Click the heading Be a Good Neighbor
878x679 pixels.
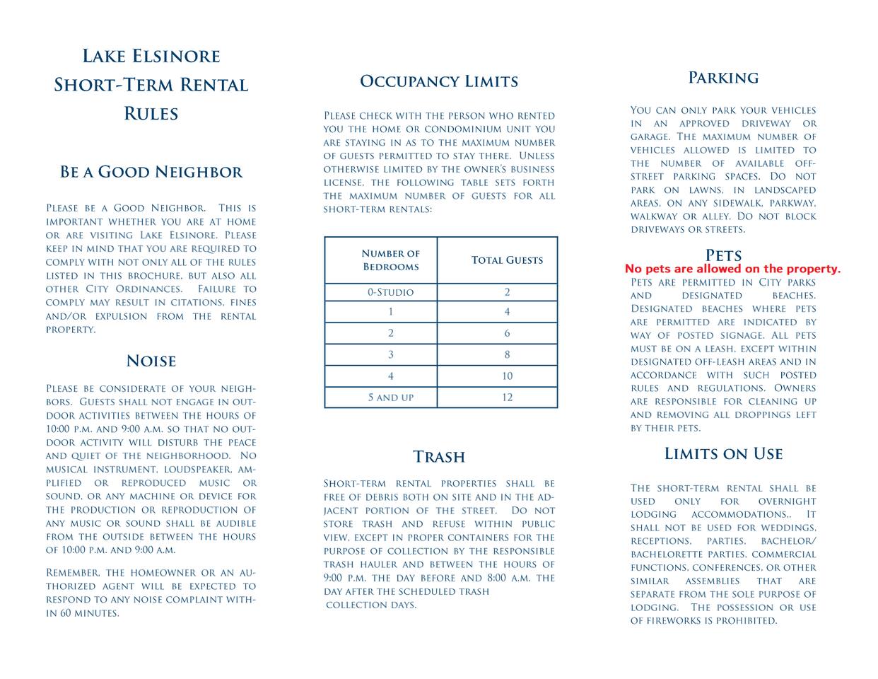click(151, 172)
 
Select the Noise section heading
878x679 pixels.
click(151, 361)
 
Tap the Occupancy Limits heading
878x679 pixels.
click(439, 81)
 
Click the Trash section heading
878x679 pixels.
click(439, 457)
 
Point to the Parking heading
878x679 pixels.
click(723, 78)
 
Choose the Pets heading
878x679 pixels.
click(723, 255)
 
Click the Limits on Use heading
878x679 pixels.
click(723, 454)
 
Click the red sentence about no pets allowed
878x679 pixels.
click(732, 269)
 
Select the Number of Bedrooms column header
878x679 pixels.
click(390, 260)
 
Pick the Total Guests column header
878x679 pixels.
click(507, 260)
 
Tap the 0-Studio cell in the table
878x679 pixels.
click(390, 292)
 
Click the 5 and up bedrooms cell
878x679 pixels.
click(390, 397)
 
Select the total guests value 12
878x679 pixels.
click(507, 397)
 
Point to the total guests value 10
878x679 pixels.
click(507, 376)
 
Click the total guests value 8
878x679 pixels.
click(507, 354)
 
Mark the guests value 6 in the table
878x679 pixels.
click(507, 333)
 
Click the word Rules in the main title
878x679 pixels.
click(151, 114)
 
